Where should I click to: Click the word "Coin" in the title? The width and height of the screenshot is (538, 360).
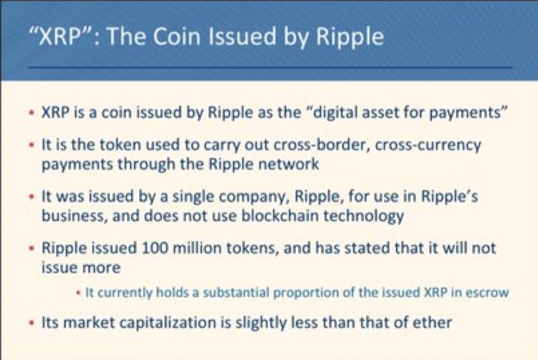pyautogui.click(x=177, y=36)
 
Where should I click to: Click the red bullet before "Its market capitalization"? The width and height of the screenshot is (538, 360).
pyautogui.click(x=32, y=324)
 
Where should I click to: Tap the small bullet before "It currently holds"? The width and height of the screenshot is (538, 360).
pyautogui.click(x=78, y=293)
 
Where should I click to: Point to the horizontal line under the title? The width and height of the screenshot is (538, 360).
pyautogui.click(x=270, y=68)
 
